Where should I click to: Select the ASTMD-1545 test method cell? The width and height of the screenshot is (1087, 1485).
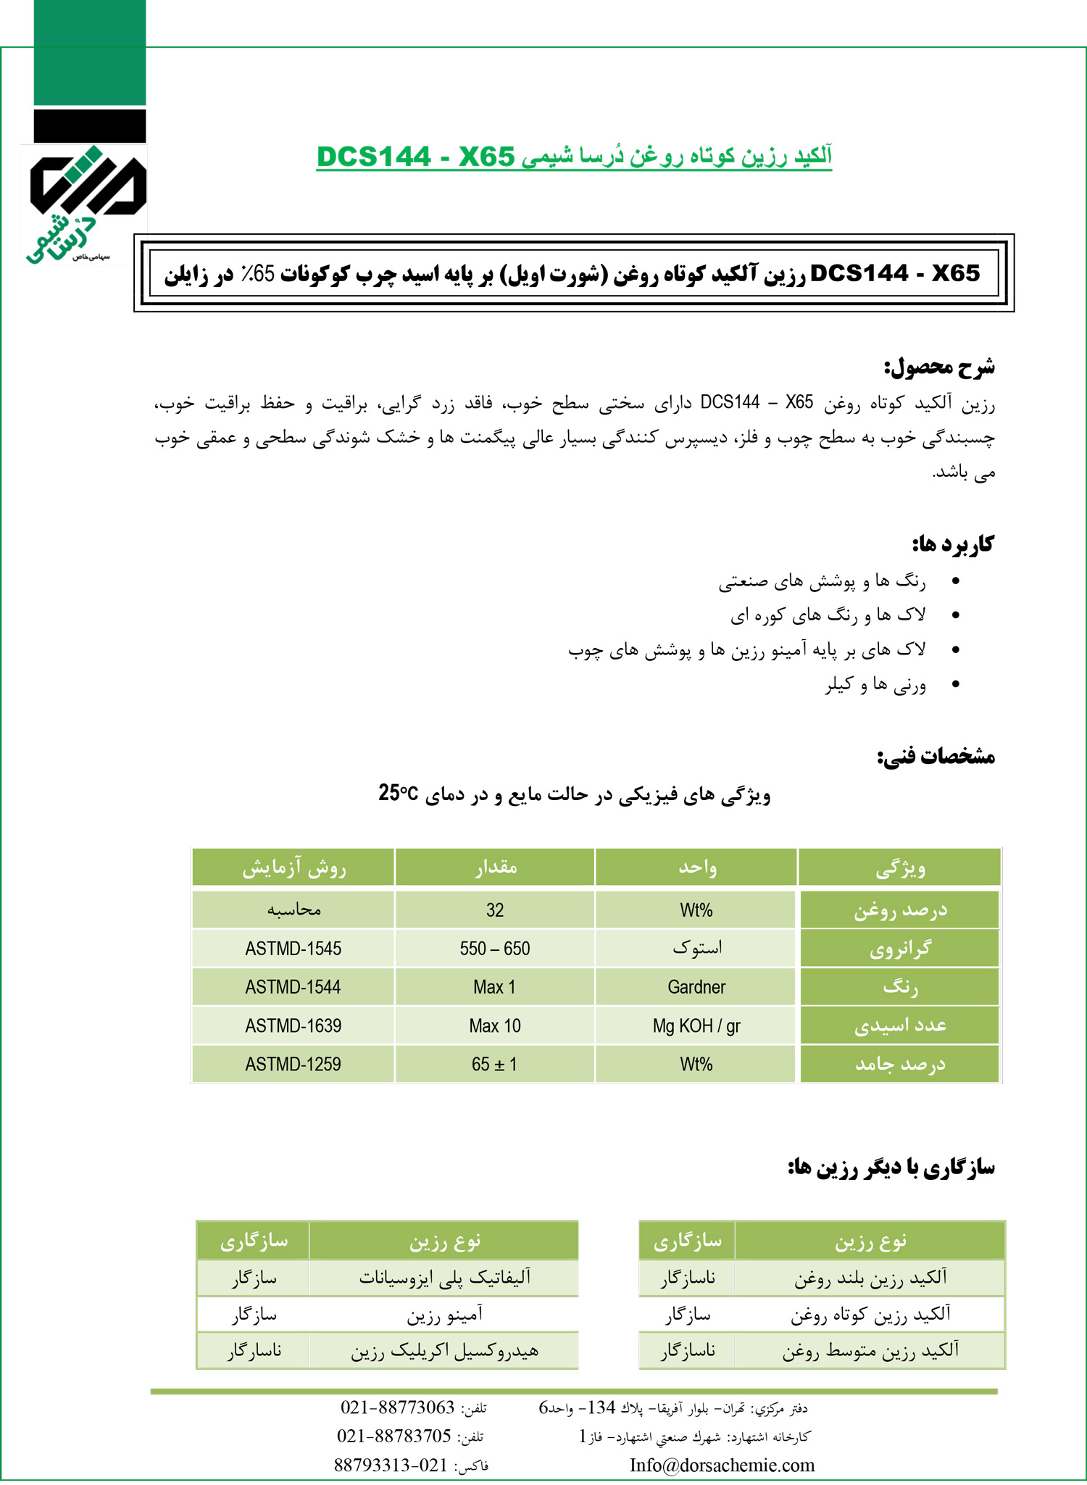[x=293, y=949]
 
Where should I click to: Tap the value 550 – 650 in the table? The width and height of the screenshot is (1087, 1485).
[x=495, y=949]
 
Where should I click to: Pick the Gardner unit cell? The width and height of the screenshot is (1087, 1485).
[x=696, y=987]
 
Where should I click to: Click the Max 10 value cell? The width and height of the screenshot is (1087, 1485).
[x=495, y=1026]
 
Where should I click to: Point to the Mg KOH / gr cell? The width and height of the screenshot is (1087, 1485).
[x=696, y=1026]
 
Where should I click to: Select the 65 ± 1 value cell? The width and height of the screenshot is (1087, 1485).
[x=495, y=1064]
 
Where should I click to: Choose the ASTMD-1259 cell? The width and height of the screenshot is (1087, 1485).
[x=293, y=1064]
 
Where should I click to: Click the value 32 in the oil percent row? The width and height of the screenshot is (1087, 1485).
[x=495, y=910]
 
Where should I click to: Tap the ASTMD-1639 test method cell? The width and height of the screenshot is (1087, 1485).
[x=293, y=1026]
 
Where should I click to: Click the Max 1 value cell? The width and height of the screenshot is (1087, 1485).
[x=495, y=987]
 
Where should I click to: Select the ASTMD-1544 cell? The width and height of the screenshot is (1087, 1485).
[x=293, y=987]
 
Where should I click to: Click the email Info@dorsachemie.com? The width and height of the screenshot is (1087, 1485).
[x=722, y=1465]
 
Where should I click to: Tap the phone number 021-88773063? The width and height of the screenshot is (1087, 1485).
[x=397, y=1407]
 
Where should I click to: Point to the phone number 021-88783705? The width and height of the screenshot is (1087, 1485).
[x=394, y=1436]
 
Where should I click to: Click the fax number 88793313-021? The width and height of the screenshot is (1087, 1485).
[x=391, y=1465]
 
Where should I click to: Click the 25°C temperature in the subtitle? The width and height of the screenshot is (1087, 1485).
[x=398, y=794]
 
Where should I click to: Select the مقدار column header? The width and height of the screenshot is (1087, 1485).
[x=496, y=868]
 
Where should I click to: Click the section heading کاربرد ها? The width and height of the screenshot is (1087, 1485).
[x=952, y=544]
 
